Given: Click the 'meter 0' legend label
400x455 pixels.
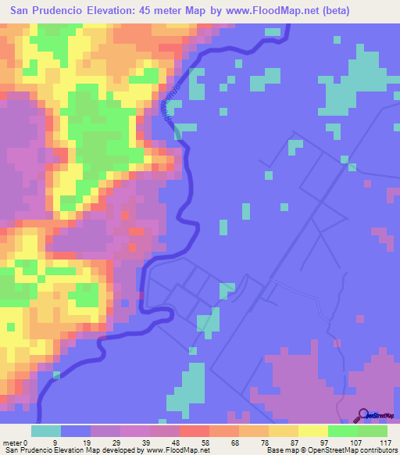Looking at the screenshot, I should (13, 442).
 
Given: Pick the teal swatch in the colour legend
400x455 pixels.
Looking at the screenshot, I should (45, 431).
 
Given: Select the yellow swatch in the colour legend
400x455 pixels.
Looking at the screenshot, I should (312, 431).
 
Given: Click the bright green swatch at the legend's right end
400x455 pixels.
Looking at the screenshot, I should (372, 431).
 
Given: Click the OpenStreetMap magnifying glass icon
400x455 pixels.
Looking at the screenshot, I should (362, 416).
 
